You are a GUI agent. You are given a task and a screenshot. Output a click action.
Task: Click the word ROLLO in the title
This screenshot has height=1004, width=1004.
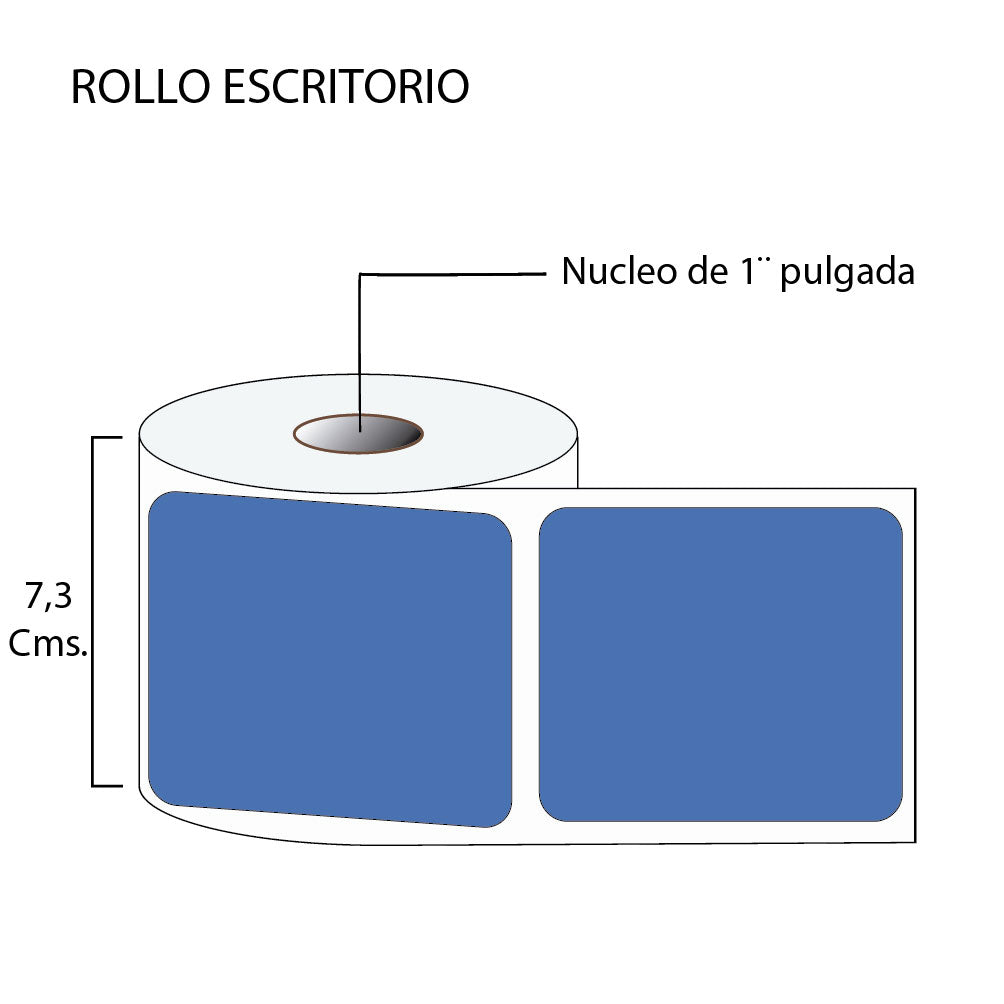tap(140, 88)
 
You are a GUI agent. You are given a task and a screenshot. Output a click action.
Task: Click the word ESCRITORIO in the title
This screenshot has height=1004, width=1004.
tap(345, 88)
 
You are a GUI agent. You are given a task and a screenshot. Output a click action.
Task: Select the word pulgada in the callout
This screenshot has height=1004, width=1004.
tap(847, 273)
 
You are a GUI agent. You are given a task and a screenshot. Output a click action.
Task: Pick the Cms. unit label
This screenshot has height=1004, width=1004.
tap(48, 645)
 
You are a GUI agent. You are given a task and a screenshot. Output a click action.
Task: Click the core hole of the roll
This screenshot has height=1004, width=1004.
tap(358, 435)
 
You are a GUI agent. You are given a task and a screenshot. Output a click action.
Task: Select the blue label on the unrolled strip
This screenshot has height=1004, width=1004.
tap(720, 665)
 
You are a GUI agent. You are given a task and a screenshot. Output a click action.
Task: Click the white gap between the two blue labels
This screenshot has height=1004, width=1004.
tap(526, 665)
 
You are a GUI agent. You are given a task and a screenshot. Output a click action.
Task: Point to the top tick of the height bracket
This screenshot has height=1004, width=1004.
tap(107, 437)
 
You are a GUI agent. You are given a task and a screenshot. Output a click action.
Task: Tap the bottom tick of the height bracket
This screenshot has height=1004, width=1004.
tap(107, 785)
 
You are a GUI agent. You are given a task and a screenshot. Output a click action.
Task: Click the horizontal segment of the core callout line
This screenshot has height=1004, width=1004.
tap(450, 273)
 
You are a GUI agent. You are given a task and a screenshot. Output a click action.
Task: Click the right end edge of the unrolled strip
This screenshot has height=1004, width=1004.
tap(915, 665)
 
